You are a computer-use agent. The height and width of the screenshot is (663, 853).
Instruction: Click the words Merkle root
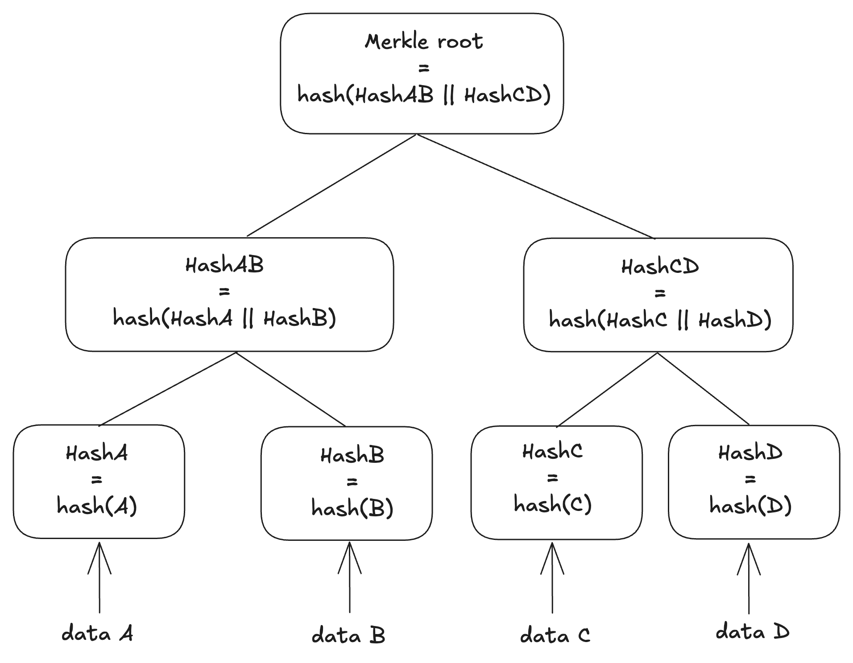pyautogui.click(x=423, y=41)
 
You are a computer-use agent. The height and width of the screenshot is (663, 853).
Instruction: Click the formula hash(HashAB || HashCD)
pyautogui.click(x=423, y=95)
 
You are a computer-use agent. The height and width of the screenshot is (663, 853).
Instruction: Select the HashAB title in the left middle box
pyautogui.click(x=224, y=265)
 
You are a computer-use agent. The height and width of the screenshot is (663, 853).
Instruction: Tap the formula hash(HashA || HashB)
pyautogui.click(x=224, y=318)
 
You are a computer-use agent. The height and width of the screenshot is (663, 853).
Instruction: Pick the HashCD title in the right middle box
pyautogui.click(x=660, y=267)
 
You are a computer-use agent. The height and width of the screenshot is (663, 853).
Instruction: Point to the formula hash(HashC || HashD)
pyautogui.click(x=660, y=320)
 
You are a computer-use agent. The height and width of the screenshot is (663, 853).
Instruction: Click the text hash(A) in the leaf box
pyautogui.click(x=97, y=506)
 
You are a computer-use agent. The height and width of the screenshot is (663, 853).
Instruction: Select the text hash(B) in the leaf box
pyautogui.click(x=352, y=508)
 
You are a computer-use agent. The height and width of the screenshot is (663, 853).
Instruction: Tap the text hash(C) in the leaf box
pyautogui.click(x=552, y=504)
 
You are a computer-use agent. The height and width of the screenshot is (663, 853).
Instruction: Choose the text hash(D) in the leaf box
pyautogui.click(x=750, y=506)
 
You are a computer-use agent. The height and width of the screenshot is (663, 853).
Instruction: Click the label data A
pyautogui.click(x=97, y=634)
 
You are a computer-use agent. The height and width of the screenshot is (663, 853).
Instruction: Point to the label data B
pyautogui.click(x=348, y=635)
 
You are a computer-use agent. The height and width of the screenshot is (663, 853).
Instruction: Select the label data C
pyautogui.click(x=555, y=635)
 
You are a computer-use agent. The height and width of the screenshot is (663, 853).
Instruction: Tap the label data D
pyautogui.click(x=752, y=632)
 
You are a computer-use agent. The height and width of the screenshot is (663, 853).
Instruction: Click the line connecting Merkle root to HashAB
pyautogui.click(x=331, y=185)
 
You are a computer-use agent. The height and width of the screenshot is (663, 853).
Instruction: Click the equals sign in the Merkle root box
pyautogui.click(x=423, y=68)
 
